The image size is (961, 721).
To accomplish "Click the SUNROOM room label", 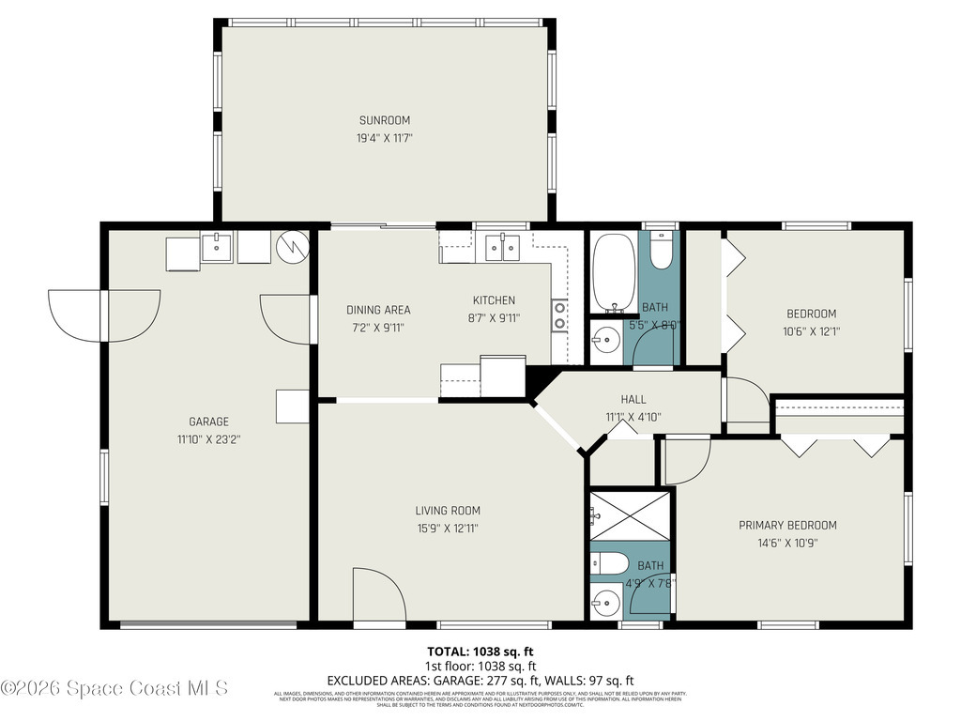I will [x=384, y=120].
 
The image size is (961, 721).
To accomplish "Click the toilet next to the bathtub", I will [x=661, y=252].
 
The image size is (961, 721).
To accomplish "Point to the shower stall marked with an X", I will [x=630, y=515].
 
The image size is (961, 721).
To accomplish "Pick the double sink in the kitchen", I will [x=502, y=248].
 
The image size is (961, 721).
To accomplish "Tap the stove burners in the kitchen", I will [x=559, y=314].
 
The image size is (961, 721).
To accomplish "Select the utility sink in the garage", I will [x=217, y=249].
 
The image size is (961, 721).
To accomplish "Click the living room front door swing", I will [x=377, y=596].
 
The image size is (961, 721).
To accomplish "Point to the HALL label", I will [x=633, y=399].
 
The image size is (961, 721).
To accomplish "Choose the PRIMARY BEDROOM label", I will [x=787, y=526].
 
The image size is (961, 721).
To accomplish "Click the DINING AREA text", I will [x=378, y=310].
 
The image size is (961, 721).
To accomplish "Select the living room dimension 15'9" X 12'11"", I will [x=448, y=528].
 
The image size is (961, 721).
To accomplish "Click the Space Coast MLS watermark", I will [x=114, y=688].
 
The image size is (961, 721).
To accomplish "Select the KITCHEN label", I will [x=493, y=300].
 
